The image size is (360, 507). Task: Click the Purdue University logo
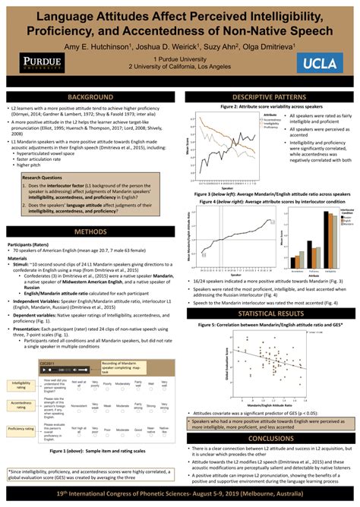[x=37, y=61]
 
